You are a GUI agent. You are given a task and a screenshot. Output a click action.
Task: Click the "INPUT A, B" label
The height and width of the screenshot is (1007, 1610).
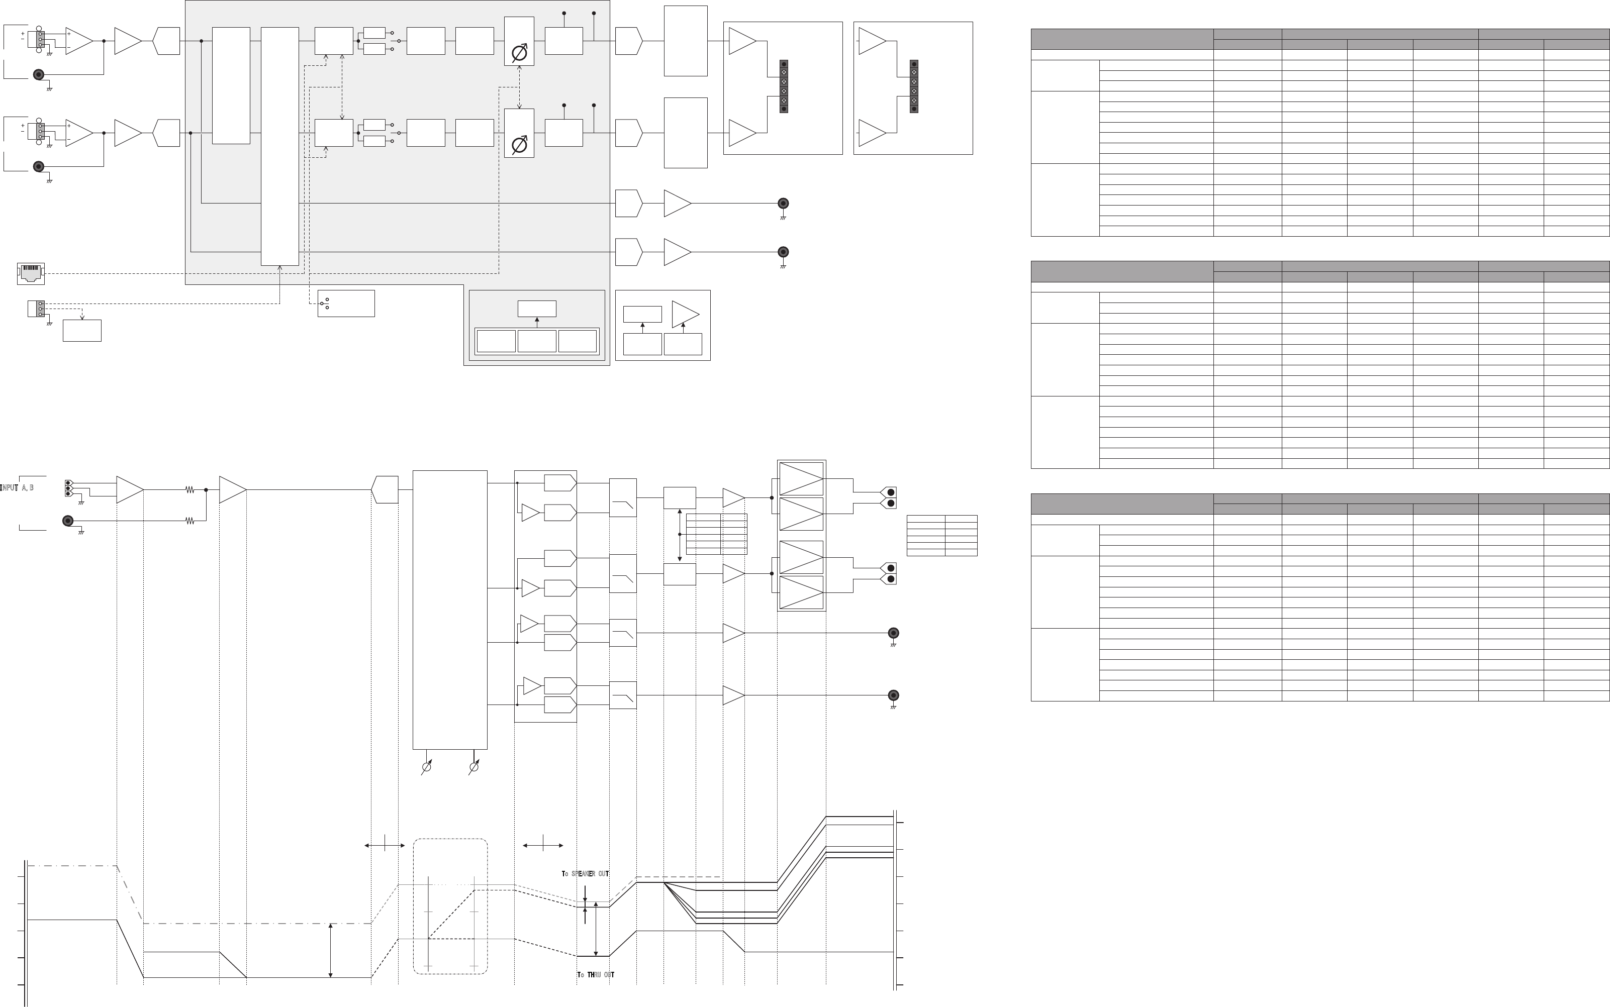[17, 488]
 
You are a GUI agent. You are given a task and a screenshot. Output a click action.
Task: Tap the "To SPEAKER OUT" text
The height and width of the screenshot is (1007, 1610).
[585, 874]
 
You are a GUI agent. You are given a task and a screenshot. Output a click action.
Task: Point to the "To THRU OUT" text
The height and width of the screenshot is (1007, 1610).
[596, 975]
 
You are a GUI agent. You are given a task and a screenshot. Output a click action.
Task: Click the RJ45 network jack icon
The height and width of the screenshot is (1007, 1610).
[31, 273]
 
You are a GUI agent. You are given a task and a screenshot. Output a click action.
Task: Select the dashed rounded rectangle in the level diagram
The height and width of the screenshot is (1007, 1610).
[450, 906]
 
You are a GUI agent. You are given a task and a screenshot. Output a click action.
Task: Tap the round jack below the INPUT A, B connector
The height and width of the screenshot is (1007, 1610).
[67, 521]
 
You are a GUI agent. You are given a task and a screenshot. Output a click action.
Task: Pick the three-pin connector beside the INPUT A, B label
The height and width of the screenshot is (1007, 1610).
[68, 488]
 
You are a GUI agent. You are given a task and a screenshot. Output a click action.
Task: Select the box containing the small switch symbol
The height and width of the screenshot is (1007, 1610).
[346, 304]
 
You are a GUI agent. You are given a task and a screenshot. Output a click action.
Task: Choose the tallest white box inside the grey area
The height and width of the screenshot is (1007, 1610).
[280, 147]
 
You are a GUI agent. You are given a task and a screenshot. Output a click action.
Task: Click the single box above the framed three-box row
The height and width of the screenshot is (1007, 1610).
[537, 309]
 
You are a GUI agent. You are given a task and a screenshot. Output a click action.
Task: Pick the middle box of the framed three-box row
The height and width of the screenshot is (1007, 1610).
[537, 341]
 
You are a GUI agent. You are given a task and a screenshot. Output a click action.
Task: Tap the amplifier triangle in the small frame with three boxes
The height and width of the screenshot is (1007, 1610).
[685, 315]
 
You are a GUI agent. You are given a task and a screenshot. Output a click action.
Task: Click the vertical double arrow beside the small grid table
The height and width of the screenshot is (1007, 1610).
[680, 535]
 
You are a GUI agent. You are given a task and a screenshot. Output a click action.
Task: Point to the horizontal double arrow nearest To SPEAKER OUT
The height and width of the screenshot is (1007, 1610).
[543, 845]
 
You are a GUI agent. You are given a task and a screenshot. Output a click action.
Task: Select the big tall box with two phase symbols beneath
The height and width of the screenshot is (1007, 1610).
[450, 610]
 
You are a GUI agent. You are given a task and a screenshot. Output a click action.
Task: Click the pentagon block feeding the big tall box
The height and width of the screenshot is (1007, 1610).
[385, 489]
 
